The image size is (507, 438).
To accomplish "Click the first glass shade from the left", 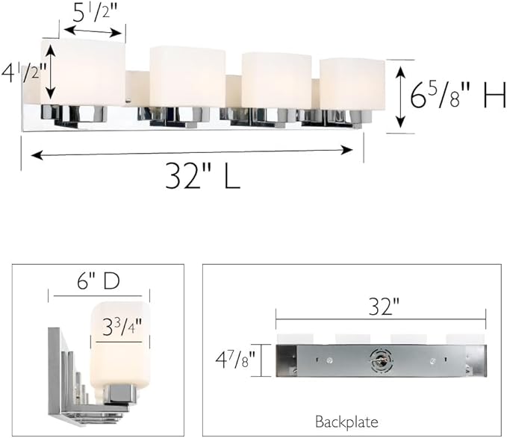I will click(84, 72).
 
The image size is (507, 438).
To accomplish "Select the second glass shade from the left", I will click(187, 77).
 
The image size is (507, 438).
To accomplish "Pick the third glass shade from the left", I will click(276, 80).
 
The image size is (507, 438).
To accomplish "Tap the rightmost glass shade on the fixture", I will click(352, 84).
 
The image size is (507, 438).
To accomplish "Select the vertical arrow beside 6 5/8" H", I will click(400, 96).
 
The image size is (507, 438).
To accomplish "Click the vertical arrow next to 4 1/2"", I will click(51, 72).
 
